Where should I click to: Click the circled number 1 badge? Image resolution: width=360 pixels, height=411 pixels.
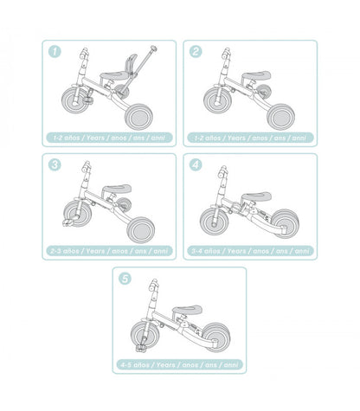pyautogui.click(x=56, y=52)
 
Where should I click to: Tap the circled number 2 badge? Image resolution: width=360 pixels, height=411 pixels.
pyautogui.click(x=196, y=52)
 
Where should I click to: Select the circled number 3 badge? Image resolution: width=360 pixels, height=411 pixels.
pyautogui.click(x=56, y=164)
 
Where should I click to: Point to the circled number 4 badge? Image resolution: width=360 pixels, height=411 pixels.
pyautogui.click(x=196, y=164)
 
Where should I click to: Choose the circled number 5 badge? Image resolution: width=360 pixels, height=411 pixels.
pyautogui.click(x=126, y=279)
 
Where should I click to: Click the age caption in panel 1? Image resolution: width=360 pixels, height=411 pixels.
pyautogui.click(x=107, y=138)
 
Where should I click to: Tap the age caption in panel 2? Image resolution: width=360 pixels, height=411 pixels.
pyautogui.click(x=250, y=138)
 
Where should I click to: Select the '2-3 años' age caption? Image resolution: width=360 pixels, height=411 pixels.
pyautogui.click(x=107, y=250)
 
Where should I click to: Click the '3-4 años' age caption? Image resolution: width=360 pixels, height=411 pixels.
pyautogui.click(x=250, y=250)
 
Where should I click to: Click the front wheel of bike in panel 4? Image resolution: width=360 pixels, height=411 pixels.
pyautogui.click(x=215, y=217)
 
